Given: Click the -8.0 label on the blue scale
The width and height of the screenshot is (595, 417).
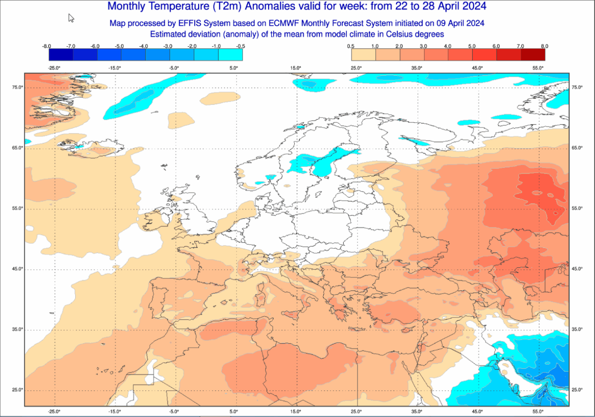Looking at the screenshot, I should [x=47, y=46].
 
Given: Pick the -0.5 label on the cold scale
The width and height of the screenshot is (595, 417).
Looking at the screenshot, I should [x=240, y=46].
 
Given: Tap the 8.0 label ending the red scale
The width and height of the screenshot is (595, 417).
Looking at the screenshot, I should [x=545, y=46].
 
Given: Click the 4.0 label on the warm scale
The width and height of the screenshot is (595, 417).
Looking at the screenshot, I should [x=447, y=46].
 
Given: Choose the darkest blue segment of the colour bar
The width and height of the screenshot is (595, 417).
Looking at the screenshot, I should [x=61, y=55].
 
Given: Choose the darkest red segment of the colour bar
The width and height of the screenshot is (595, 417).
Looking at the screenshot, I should [x=533, y=55].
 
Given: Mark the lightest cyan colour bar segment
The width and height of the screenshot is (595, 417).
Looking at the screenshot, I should [x=230, y=55].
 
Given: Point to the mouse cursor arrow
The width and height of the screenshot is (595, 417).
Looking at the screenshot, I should [x=71, y=18].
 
